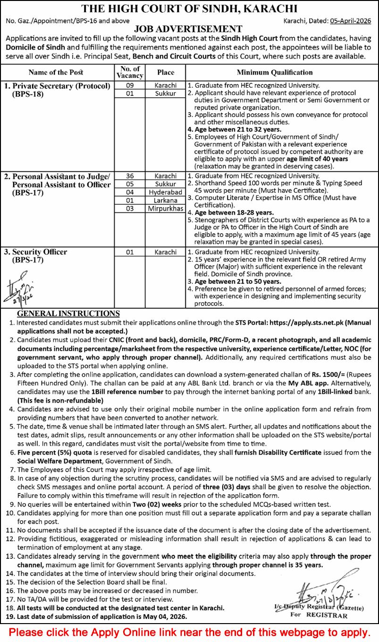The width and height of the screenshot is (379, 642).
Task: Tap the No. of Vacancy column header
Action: tap(130, 72)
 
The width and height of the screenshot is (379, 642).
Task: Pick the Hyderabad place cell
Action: tap(165, 192)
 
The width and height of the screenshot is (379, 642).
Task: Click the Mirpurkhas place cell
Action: tap(165, 208)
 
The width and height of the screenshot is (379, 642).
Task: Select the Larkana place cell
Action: tap(165, 200)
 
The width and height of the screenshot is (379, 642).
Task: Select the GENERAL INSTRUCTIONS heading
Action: tap(68, 314)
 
